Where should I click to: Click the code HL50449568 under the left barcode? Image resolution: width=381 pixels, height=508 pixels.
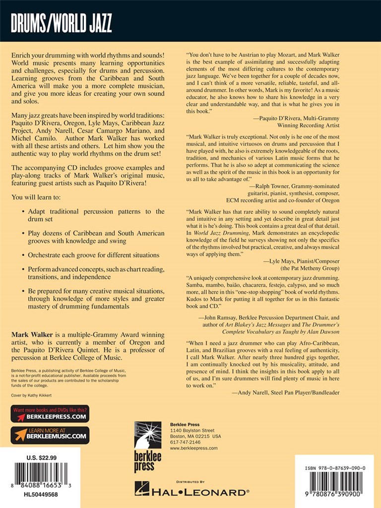[41, 495]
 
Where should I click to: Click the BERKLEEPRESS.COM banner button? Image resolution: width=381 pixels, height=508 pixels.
[50, 414]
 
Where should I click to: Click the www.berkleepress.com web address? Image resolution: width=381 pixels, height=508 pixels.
[193, 447]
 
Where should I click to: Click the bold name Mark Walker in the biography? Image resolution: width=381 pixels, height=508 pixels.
[31, 335]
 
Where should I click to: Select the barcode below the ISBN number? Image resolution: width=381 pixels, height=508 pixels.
[335, 484]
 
